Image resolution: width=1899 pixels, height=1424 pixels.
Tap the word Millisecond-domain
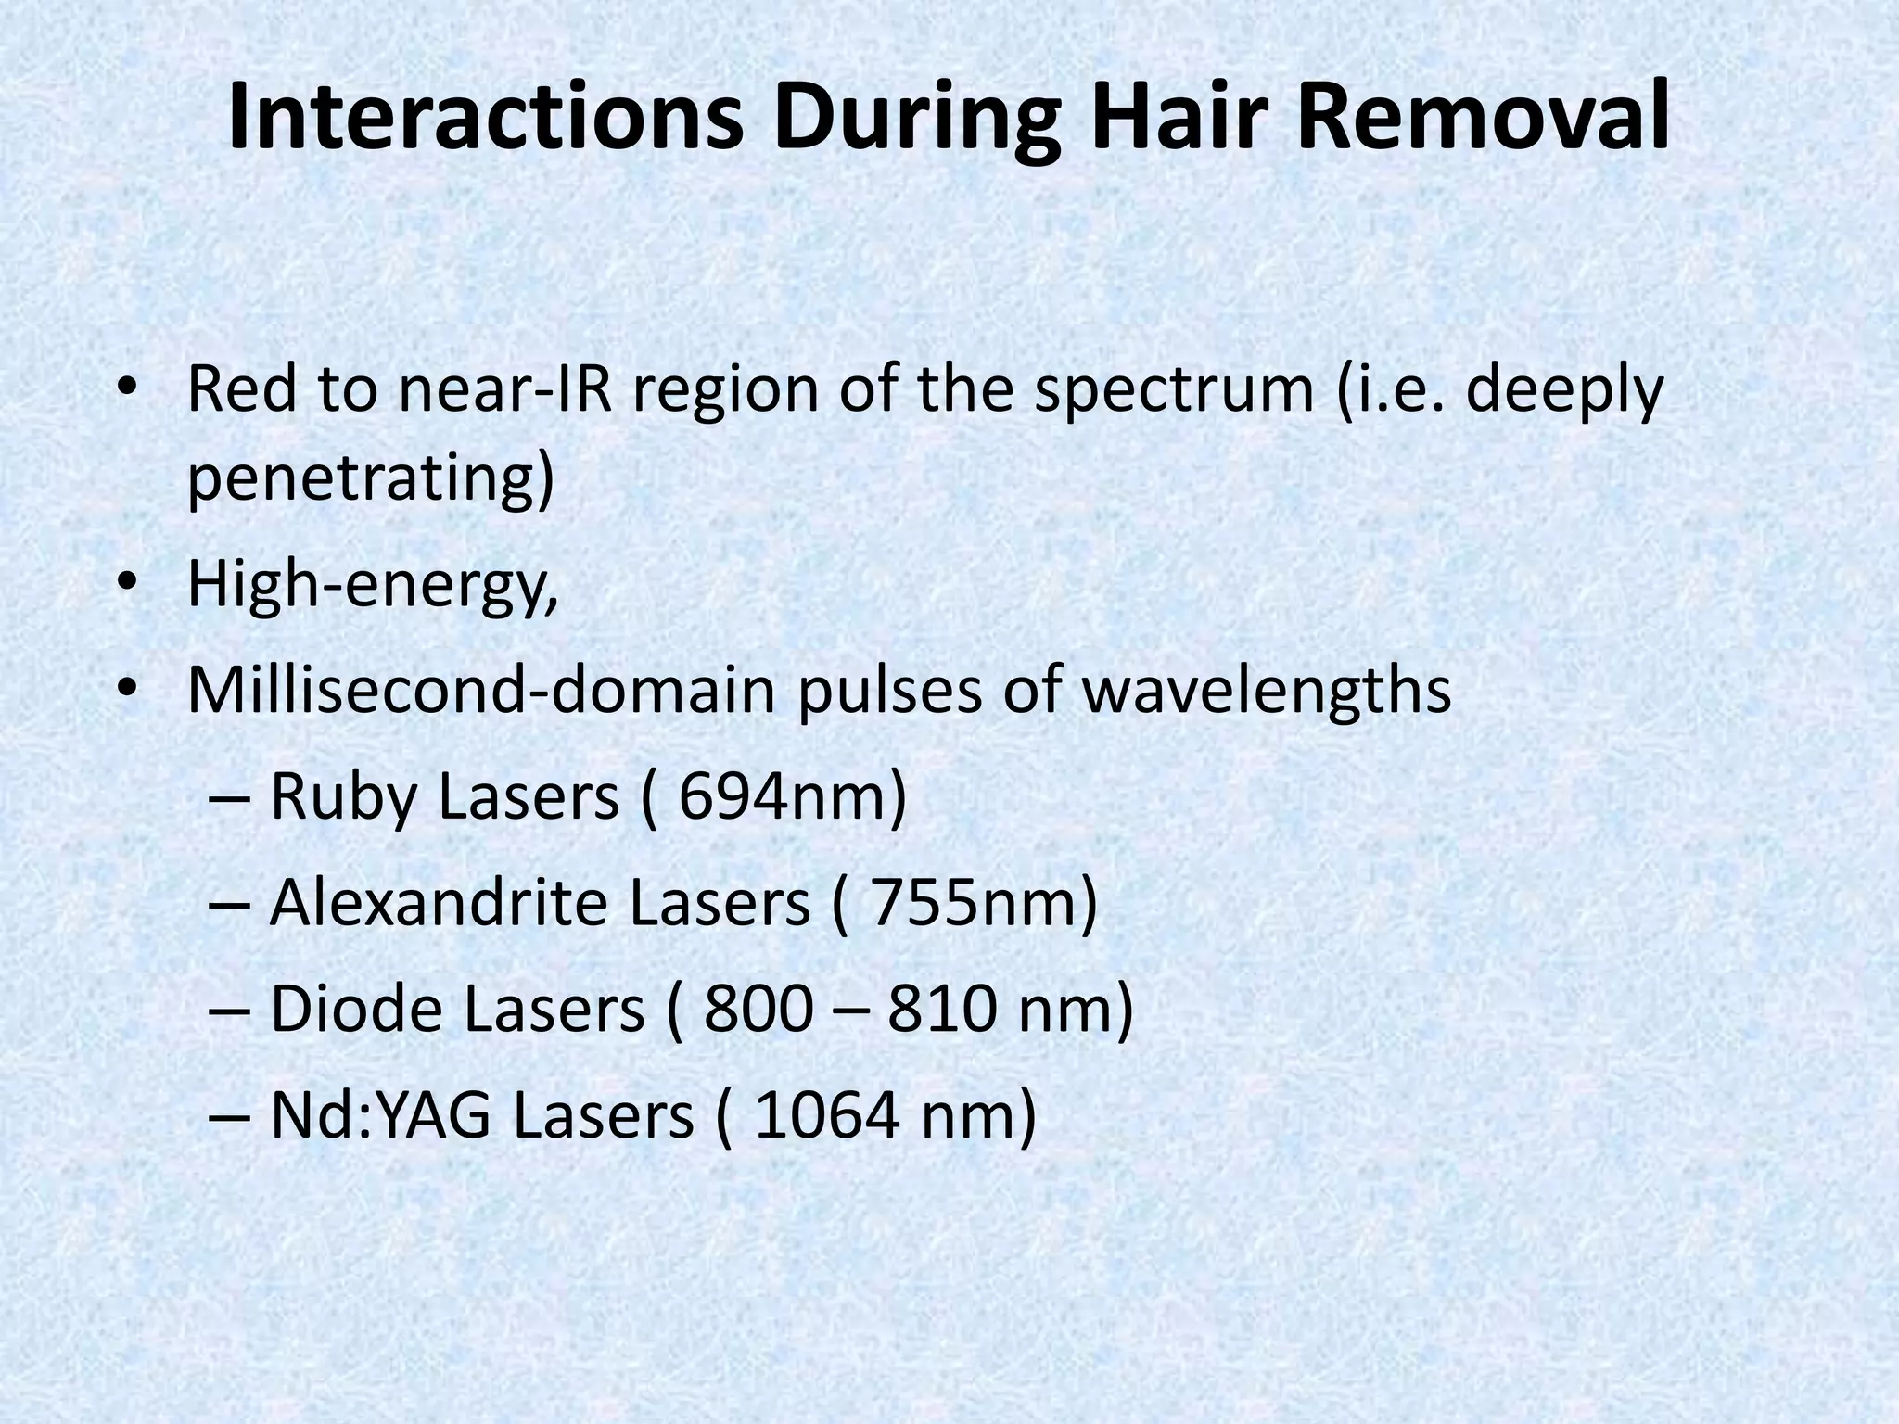pyautogui.click(x=480, y=691)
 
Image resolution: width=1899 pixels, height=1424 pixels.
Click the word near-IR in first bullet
pyautogui.click(x=505, y=390)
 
